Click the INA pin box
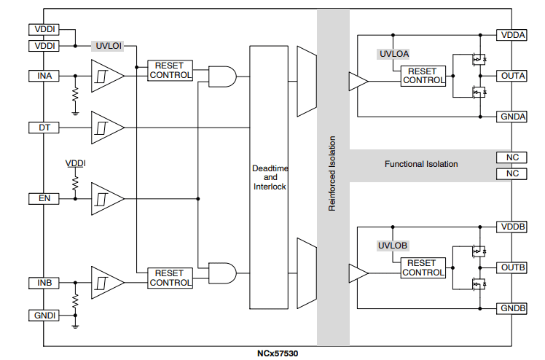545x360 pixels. tap(44, 76)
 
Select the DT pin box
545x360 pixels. tap(44, 127)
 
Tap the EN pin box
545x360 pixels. tap(44, 198)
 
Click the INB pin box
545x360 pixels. tap(44, 282)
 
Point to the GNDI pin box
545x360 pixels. tap(44, 315)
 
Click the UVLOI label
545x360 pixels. tap(109, 45)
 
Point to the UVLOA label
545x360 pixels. tap(394, 53)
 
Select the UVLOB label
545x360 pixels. tap(394, 246)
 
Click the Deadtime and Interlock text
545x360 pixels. tap(270, 177)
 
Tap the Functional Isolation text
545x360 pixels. tap(421, 164)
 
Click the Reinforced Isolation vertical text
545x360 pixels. tap(332, 173)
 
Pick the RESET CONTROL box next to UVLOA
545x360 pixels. tap(423, 76)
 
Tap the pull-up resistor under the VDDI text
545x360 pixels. tap(75, 182)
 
